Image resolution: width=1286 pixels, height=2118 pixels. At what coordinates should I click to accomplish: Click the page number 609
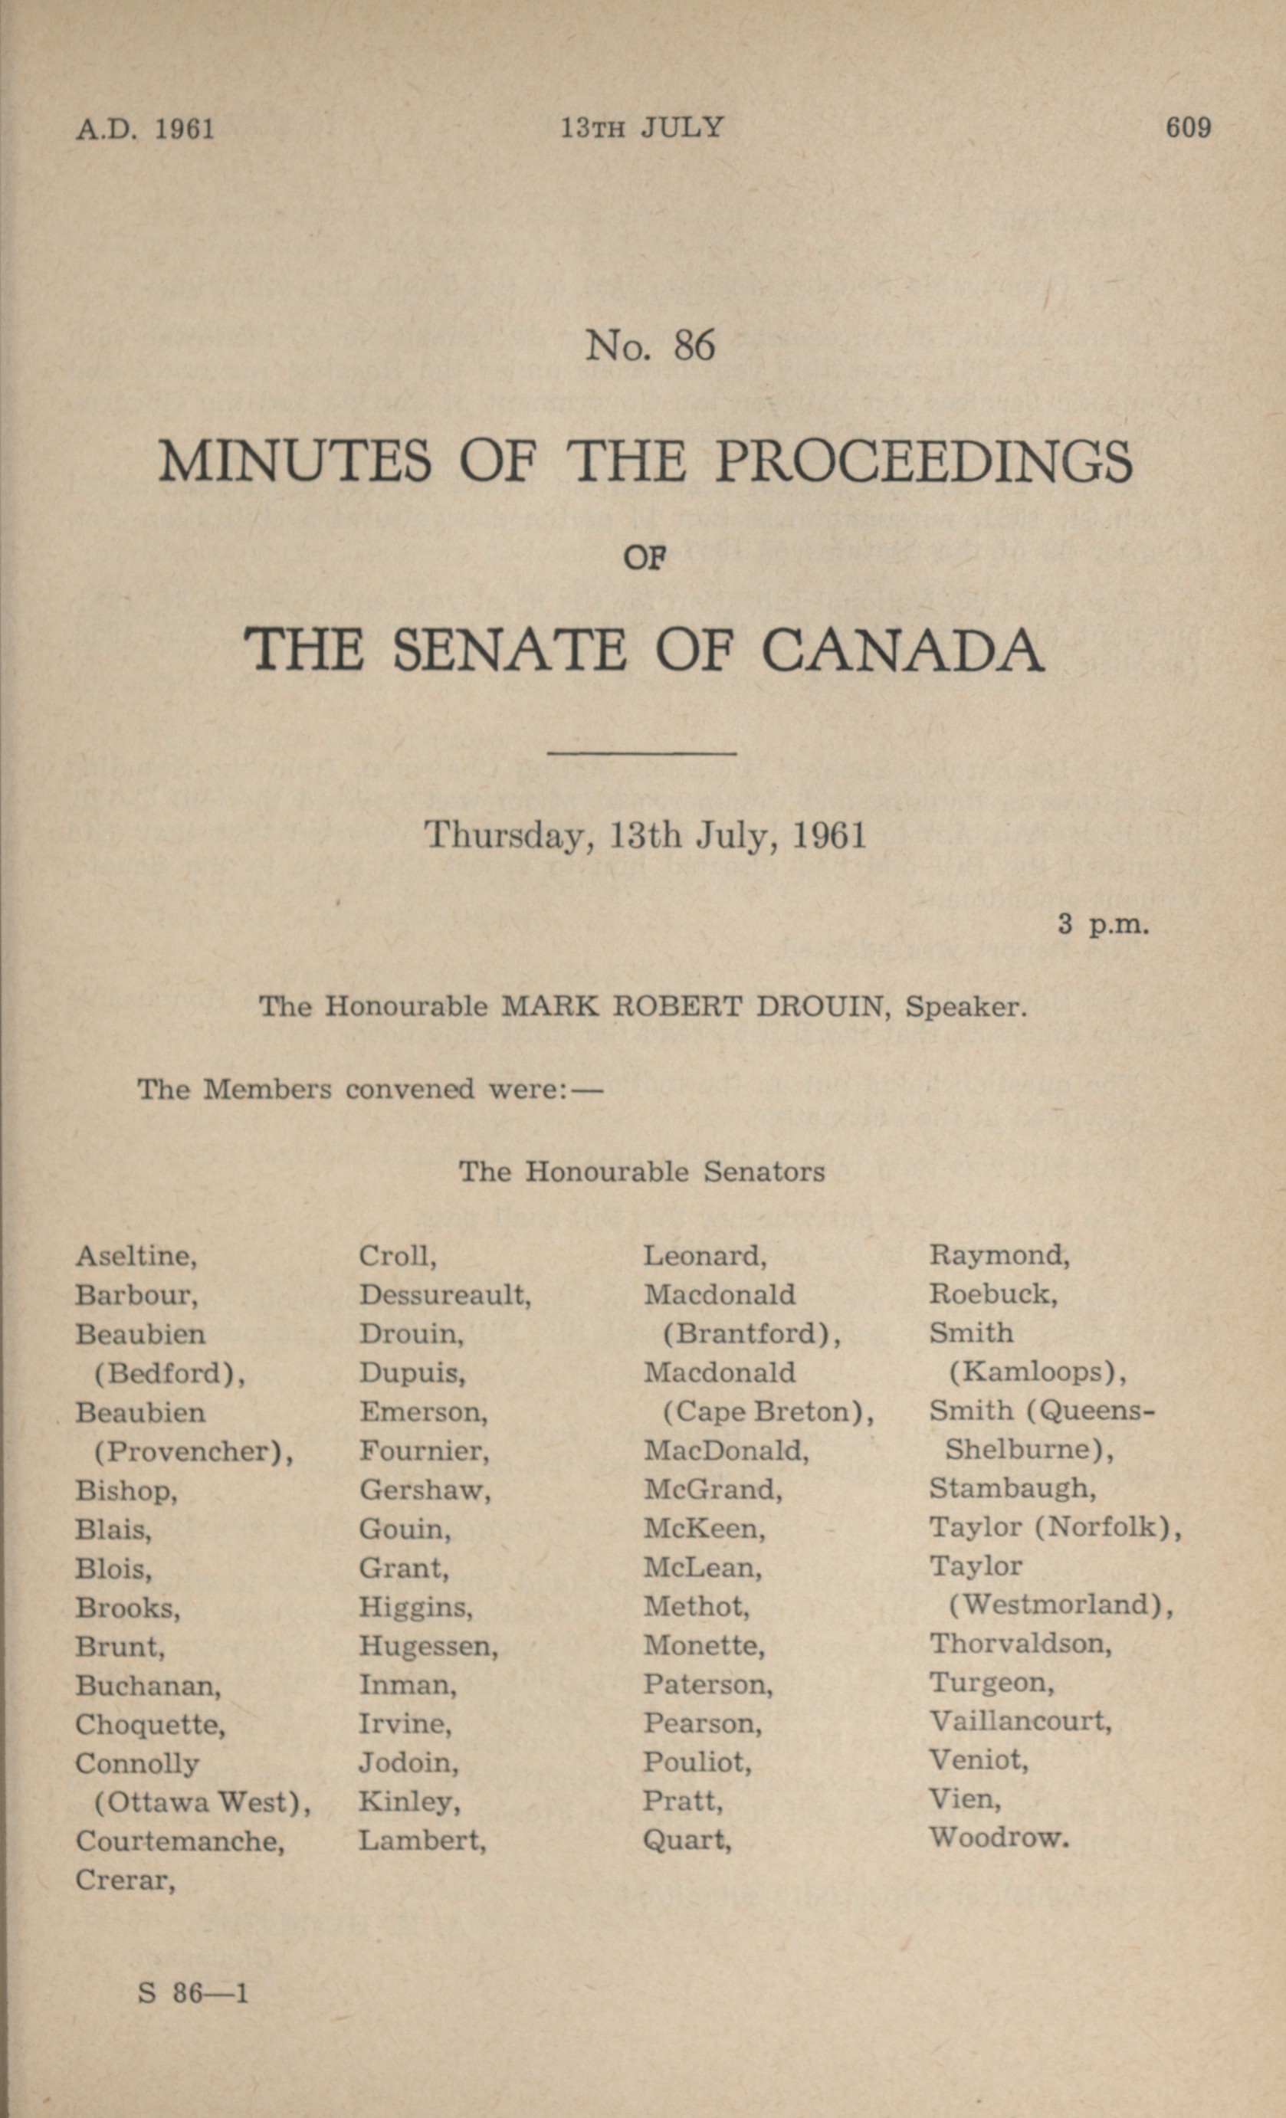[x=1188, y=128]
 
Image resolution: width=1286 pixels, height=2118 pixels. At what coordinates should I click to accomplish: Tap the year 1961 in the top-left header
[x=185, y=130]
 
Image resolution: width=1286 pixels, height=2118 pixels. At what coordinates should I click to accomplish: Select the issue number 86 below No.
[x=694, y=346]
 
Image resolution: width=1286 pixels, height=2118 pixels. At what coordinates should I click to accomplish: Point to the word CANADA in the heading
[x=902, y=650]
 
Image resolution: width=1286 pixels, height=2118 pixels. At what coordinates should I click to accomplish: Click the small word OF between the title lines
[x=645, y=559]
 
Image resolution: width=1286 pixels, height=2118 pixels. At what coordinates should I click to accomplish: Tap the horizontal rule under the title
[x=642, y=754]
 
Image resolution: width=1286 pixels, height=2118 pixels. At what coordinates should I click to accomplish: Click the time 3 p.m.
[x=1104, y=925]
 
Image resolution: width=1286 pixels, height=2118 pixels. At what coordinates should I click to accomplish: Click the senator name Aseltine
[x=136, y=1256]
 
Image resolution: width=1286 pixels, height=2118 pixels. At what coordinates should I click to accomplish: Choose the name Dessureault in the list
[x=445, y=1294]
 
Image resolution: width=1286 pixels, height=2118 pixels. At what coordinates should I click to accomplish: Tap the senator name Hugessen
[x=428, y=1645]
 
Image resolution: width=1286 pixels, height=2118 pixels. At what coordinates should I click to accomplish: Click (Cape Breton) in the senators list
[x=768, y=1411]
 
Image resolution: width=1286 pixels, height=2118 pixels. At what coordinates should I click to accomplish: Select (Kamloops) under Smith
[x=1037, y=1372]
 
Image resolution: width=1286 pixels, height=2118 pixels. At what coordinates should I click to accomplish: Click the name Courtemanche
[x=179, y=1841]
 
